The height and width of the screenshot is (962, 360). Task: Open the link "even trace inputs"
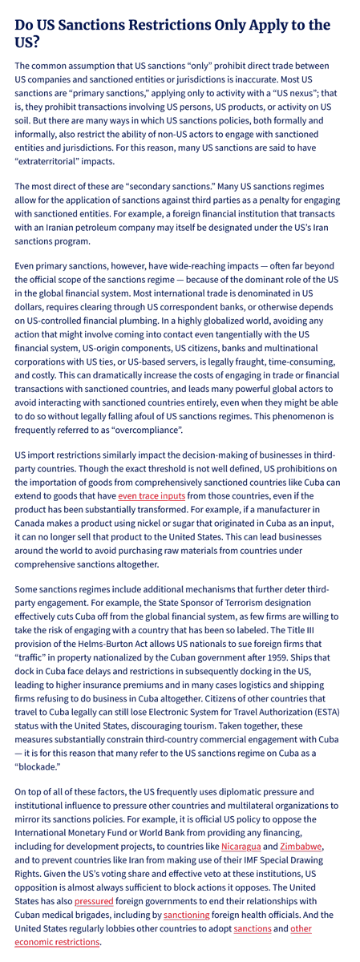152,496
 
